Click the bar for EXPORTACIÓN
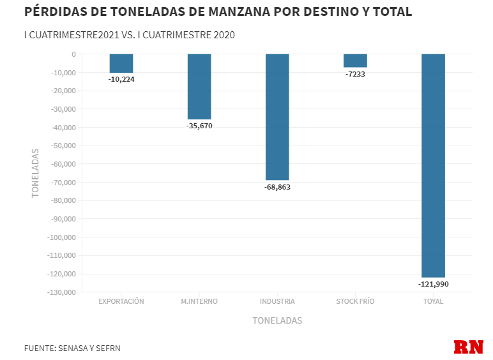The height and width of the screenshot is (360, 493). click(121, 63)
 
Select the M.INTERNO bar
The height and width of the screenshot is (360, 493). click(199, 87)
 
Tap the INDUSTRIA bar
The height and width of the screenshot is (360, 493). click(277, 117)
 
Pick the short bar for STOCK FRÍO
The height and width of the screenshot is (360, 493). click(355, 61)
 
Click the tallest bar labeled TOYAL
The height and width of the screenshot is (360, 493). click(433, 165)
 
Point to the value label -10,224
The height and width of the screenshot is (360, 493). click(121, 79)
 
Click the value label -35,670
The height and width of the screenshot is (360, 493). click(199, 126)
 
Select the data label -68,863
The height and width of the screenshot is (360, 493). click(277, 187)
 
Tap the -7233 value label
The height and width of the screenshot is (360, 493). click(355, 74)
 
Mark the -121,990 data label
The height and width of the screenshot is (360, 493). click(433, 283)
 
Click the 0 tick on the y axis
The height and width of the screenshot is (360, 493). click(73, 54)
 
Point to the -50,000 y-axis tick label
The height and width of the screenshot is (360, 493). click(63, 146)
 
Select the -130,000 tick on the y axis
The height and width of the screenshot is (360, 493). click(61, 292)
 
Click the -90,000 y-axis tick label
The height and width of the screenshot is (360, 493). click(63, 219)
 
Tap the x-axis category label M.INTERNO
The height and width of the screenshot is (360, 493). click(199, 301)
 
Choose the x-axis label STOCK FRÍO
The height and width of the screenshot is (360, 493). click(355, 301)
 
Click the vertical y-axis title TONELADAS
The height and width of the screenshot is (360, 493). click(36, 173)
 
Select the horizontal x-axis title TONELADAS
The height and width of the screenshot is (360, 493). click(277, 320)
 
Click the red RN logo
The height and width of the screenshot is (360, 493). click(468, 347)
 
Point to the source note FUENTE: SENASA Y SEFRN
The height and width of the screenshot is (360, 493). click(72, 349)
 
